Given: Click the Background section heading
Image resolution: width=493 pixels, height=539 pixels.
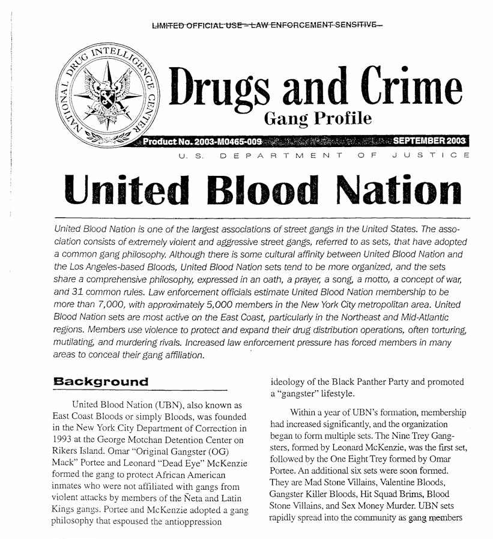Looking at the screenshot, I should click(100, 382).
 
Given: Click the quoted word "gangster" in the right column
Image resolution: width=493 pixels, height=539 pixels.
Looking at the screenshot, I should click(301, 394).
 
